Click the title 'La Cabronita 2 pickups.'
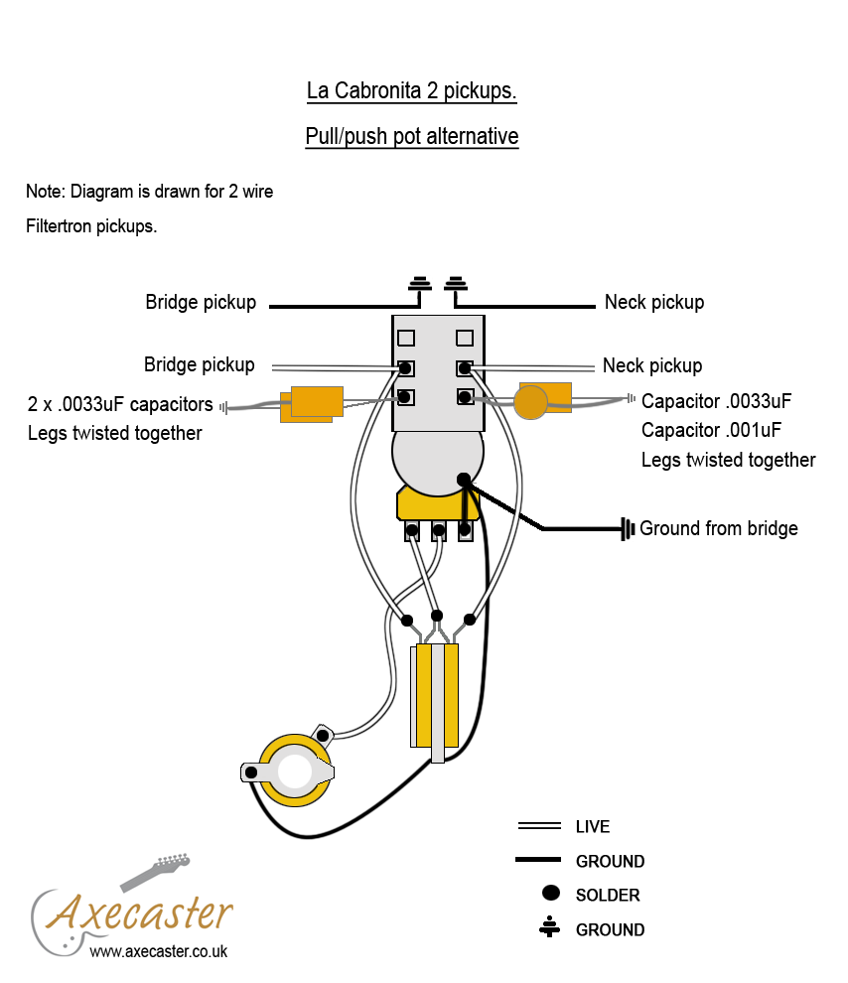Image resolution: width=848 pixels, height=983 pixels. click(x=411, y=91)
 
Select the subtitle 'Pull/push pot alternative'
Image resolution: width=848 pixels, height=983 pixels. click(x=411, y=136)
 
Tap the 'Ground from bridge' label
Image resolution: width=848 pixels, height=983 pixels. click(x=718, y=528)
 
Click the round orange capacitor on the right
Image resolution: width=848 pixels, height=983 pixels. click(x=531, y=402)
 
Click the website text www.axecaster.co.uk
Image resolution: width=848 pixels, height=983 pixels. click(x=159, y=951)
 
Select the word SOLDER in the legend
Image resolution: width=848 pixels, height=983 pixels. click(x=608, y=896)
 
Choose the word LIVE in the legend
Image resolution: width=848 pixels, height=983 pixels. click(x=593, y=826)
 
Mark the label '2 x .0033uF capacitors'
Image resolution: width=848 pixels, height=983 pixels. click(x=120, y=404)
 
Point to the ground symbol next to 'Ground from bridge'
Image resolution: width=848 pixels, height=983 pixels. click(x=628, y=528)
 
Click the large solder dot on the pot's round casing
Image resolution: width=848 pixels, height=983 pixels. click(x=464, y=479)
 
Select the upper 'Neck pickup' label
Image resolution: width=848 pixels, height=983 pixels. click(x=654, y=302)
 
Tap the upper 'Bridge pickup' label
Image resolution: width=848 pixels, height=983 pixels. click(x=201, y=302)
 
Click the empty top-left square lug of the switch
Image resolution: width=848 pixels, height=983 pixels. click(x=406, y=338)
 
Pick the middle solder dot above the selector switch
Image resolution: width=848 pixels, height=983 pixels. click(x=437, y=616)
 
